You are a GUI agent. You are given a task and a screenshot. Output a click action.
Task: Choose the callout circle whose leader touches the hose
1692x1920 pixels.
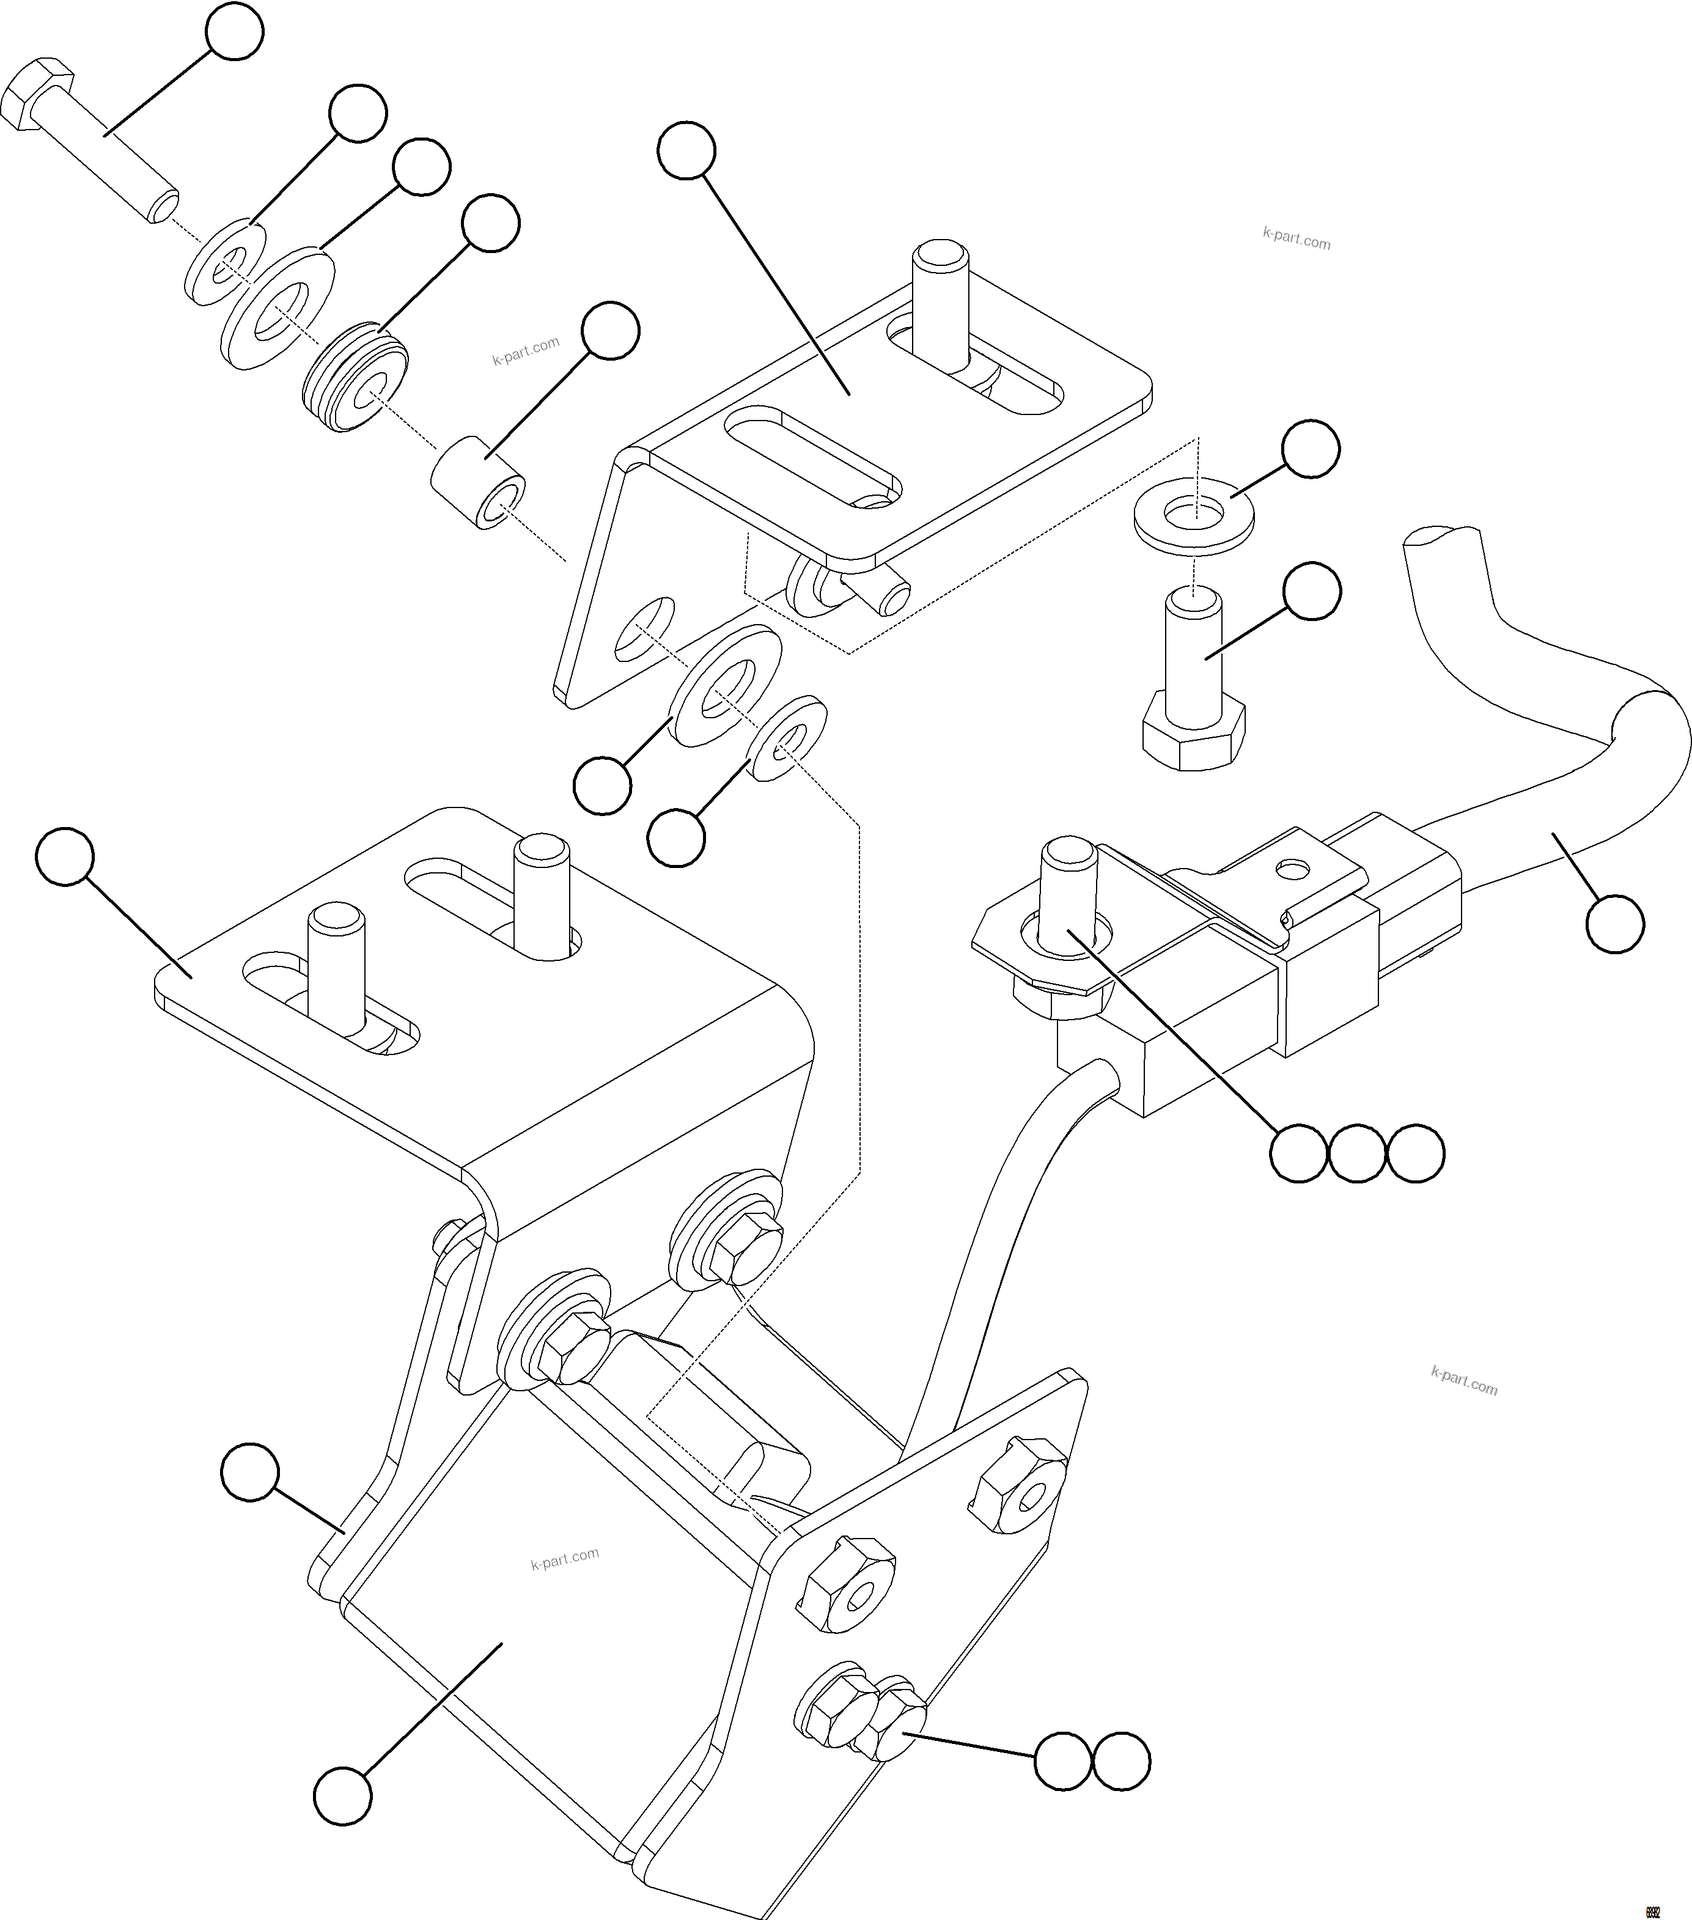pos(1614,924)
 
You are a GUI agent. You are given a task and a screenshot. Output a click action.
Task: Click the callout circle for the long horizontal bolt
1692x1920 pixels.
pos(234,31)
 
